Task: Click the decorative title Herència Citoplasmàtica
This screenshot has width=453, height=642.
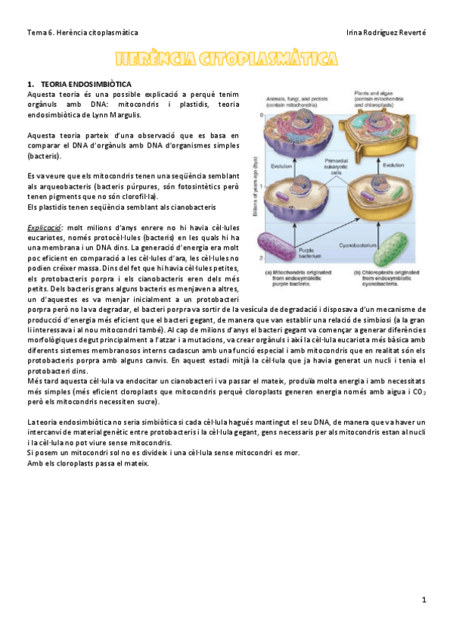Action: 226,58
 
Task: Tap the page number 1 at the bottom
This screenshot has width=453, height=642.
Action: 425,600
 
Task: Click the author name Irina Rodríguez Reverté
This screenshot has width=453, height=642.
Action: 385,33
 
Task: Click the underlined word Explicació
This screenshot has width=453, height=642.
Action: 44,226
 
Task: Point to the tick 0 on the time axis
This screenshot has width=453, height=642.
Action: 261,115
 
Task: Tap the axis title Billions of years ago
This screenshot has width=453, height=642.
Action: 256,185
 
